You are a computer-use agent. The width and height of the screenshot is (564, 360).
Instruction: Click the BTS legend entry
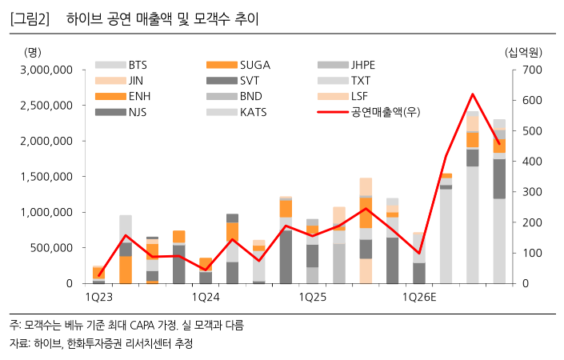tap(138, 65)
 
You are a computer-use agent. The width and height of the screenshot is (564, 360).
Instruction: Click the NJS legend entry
tap(138, 112)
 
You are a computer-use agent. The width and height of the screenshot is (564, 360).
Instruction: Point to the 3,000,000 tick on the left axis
tap(46, 70)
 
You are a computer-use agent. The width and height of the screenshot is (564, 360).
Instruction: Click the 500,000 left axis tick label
tap(51, 248)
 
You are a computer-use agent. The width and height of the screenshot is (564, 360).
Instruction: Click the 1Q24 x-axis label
tap(206, 297)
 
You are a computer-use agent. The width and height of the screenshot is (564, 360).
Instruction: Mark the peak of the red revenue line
tap(473, 94)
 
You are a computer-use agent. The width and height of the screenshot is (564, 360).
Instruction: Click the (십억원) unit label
tap(524, 52)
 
